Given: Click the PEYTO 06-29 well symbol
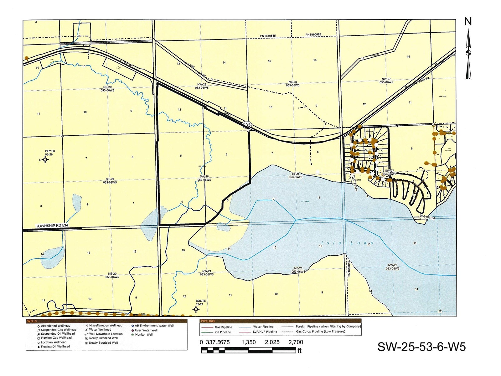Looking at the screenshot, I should click(45, 160).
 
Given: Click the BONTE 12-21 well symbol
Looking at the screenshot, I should click(196, 309).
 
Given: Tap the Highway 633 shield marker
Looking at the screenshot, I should click(247, 125).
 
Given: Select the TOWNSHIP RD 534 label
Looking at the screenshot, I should click(52, 226).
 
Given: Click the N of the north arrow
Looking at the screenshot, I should click(468, 22).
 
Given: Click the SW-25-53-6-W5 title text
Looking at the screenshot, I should click(421, 347).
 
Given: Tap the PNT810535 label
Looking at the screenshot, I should click(268, 36).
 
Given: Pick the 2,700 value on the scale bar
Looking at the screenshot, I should click(296, 342).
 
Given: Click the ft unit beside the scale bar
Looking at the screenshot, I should click(299, 351).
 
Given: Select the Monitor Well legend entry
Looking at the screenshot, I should click(144, 335).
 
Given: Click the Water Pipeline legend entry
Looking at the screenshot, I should click(263, 327).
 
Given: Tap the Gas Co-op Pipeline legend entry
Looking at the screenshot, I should click(321, 332).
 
